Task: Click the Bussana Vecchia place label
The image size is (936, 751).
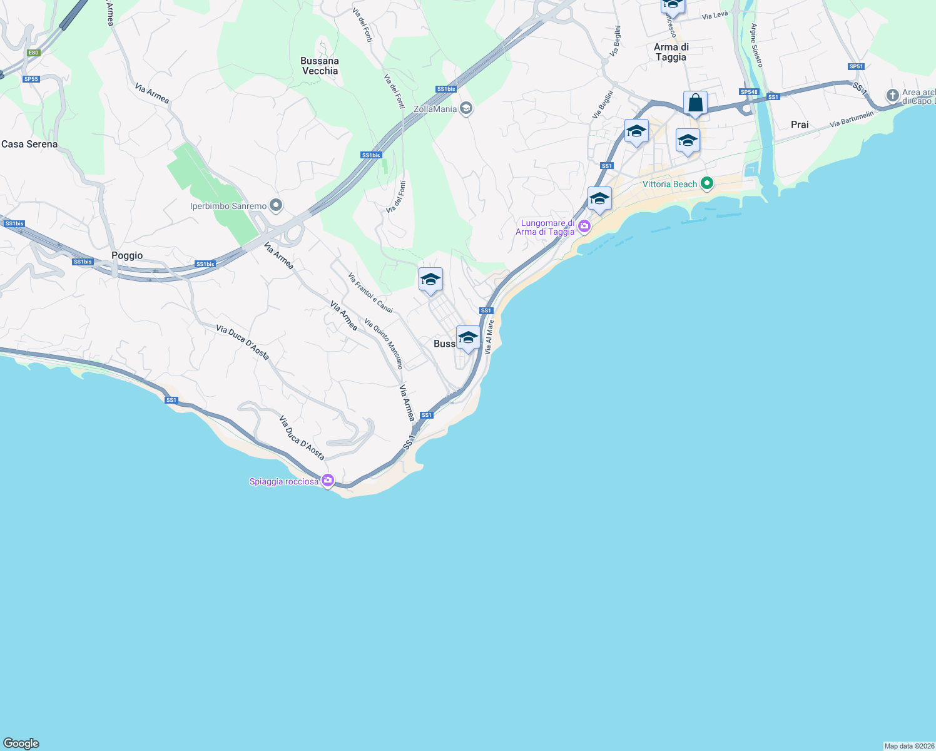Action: click(320, 66)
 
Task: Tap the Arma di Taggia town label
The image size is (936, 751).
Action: click(671, 52)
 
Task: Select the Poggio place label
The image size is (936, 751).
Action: click(127, 255)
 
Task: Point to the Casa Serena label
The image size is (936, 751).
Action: click(29, 144)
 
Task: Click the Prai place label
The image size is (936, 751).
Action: click(800, 125)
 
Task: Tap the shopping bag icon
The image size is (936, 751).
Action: click(695, 103)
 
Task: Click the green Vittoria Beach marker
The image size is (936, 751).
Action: click(707, 183)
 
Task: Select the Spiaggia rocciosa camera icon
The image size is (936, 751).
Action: click(327, 481)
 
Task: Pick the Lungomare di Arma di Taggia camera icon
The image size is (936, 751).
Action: click(584, 226)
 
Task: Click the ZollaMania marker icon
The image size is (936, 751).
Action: click(465, 108)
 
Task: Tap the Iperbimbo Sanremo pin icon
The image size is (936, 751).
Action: click(276, 205)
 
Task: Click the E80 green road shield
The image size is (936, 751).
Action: click(34, 53)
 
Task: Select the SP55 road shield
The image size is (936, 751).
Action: click(31, 79)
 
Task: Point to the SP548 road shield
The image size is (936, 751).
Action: click(749, 92)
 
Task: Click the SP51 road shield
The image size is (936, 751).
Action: click(856, 66)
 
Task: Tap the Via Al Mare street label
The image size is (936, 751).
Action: click(489, 337)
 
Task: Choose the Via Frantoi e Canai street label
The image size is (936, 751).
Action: click(370, 293)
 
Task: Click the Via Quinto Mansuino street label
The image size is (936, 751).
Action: click(384, 344)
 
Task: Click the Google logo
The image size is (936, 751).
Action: click(21, 743)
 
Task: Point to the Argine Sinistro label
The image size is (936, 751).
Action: click(756, 45)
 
